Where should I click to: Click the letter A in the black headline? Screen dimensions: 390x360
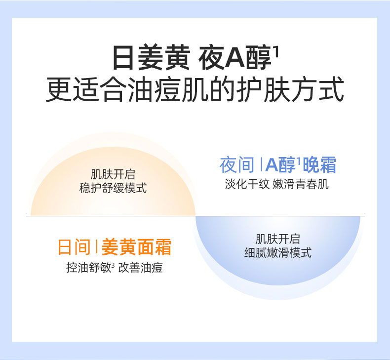point(235,58)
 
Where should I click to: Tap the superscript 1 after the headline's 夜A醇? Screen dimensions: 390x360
point(277,50)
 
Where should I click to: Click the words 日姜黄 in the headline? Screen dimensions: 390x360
point(151,57)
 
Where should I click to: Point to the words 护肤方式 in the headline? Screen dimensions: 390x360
point(290,89)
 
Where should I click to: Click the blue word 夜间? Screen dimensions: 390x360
point(237,164)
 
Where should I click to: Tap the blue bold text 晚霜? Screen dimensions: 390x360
point(319,164)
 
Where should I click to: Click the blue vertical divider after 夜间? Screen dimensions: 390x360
point(261,164)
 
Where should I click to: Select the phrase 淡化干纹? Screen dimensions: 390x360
point(247,184)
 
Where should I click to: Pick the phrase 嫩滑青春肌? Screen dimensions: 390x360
point(301,184)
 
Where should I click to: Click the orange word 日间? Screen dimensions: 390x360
point(74,247)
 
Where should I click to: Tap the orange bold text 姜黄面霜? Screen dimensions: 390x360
point(136,247)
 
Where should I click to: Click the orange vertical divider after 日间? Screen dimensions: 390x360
point(96,247)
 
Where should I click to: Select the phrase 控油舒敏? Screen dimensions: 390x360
point(88,268)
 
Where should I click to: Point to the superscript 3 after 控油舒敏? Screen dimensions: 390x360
point(113,265)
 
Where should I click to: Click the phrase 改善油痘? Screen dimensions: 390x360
point(141,268)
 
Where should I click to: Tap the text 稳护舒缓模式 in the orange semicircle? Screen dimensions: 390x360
point(113,188)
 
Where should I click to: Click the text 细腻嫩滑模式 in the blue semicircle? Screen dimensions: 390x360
point(278,252)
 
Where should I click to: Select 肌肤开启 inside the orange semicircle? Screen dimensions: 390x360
point(113,174)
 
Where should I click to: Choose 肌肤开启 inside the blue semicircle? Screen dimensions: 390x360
point(278,239)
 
